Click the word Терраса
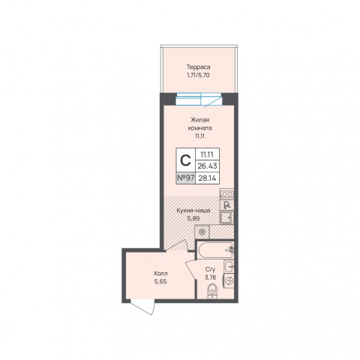[x=198, y=67]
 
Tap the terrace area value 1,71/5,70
[x=198, y=75]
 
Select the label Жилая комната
[x=199, y=124]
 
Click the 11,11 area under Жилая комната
[x=200, y=136]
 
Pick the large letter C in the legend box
[x=185, y=160]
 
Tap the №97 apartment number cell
[x=186, y=178]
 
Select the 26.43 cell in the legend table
[x=208, y=166]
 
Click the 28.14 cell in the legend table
[x=208, y=178]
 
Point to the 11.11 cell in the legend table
[x=208, y=154]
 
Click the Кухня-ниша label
[x=193, y=211]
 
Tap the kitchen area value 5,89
[x=193, y=218]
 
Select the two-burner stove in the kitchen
[x=227, y=193]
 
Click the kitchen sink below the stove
[x=227, y=217]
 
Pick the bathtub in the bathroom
[x=216, y=250]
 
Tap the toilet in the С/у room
[x=213, y=291]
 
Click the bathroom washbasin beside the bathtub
[x=229, y=267]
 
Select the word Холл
[x=160, y=273]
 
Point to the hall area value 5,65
[x=160, y=281]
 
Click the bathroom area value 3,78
[x=210, y=277]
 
